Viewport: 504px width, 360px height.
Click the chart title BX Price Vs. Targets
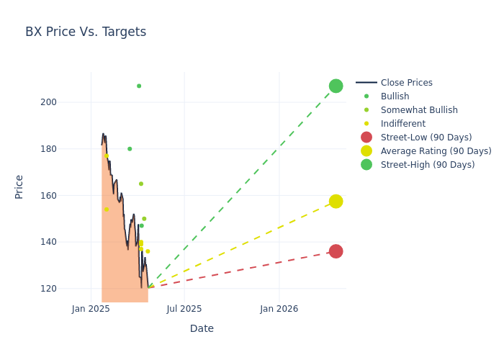(x=86, y=32)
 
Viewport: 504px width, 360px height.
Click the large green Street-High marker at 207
(x=336, y=86)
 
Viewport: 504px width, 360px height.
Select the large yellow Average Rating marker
(x=336, y=202)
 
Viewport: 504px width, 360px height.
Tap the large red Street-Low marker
(x=336, y=251)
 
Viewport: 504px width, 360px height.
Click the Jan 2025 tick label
(x=91, y=309)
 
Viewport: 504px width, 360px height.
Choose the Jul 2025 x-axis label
(x=184, y=309)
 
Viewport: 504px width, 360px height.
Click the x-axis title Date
(x=202, y=328)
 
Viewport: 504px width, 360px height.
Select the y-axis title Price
(x=19, y=186)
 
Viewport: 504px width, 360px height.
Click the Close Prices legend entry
(x=406, y=83)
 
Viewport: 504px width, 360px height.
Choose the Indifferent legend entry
(x=402, y=124)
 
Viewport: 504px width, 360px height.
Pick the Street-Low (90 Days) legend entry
(x=426, y=138)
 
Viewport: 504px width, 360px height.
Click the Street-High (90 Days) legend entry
(x=428, y=165)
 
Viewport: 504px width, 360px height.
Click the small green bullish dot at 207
(x=139, y=86)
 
